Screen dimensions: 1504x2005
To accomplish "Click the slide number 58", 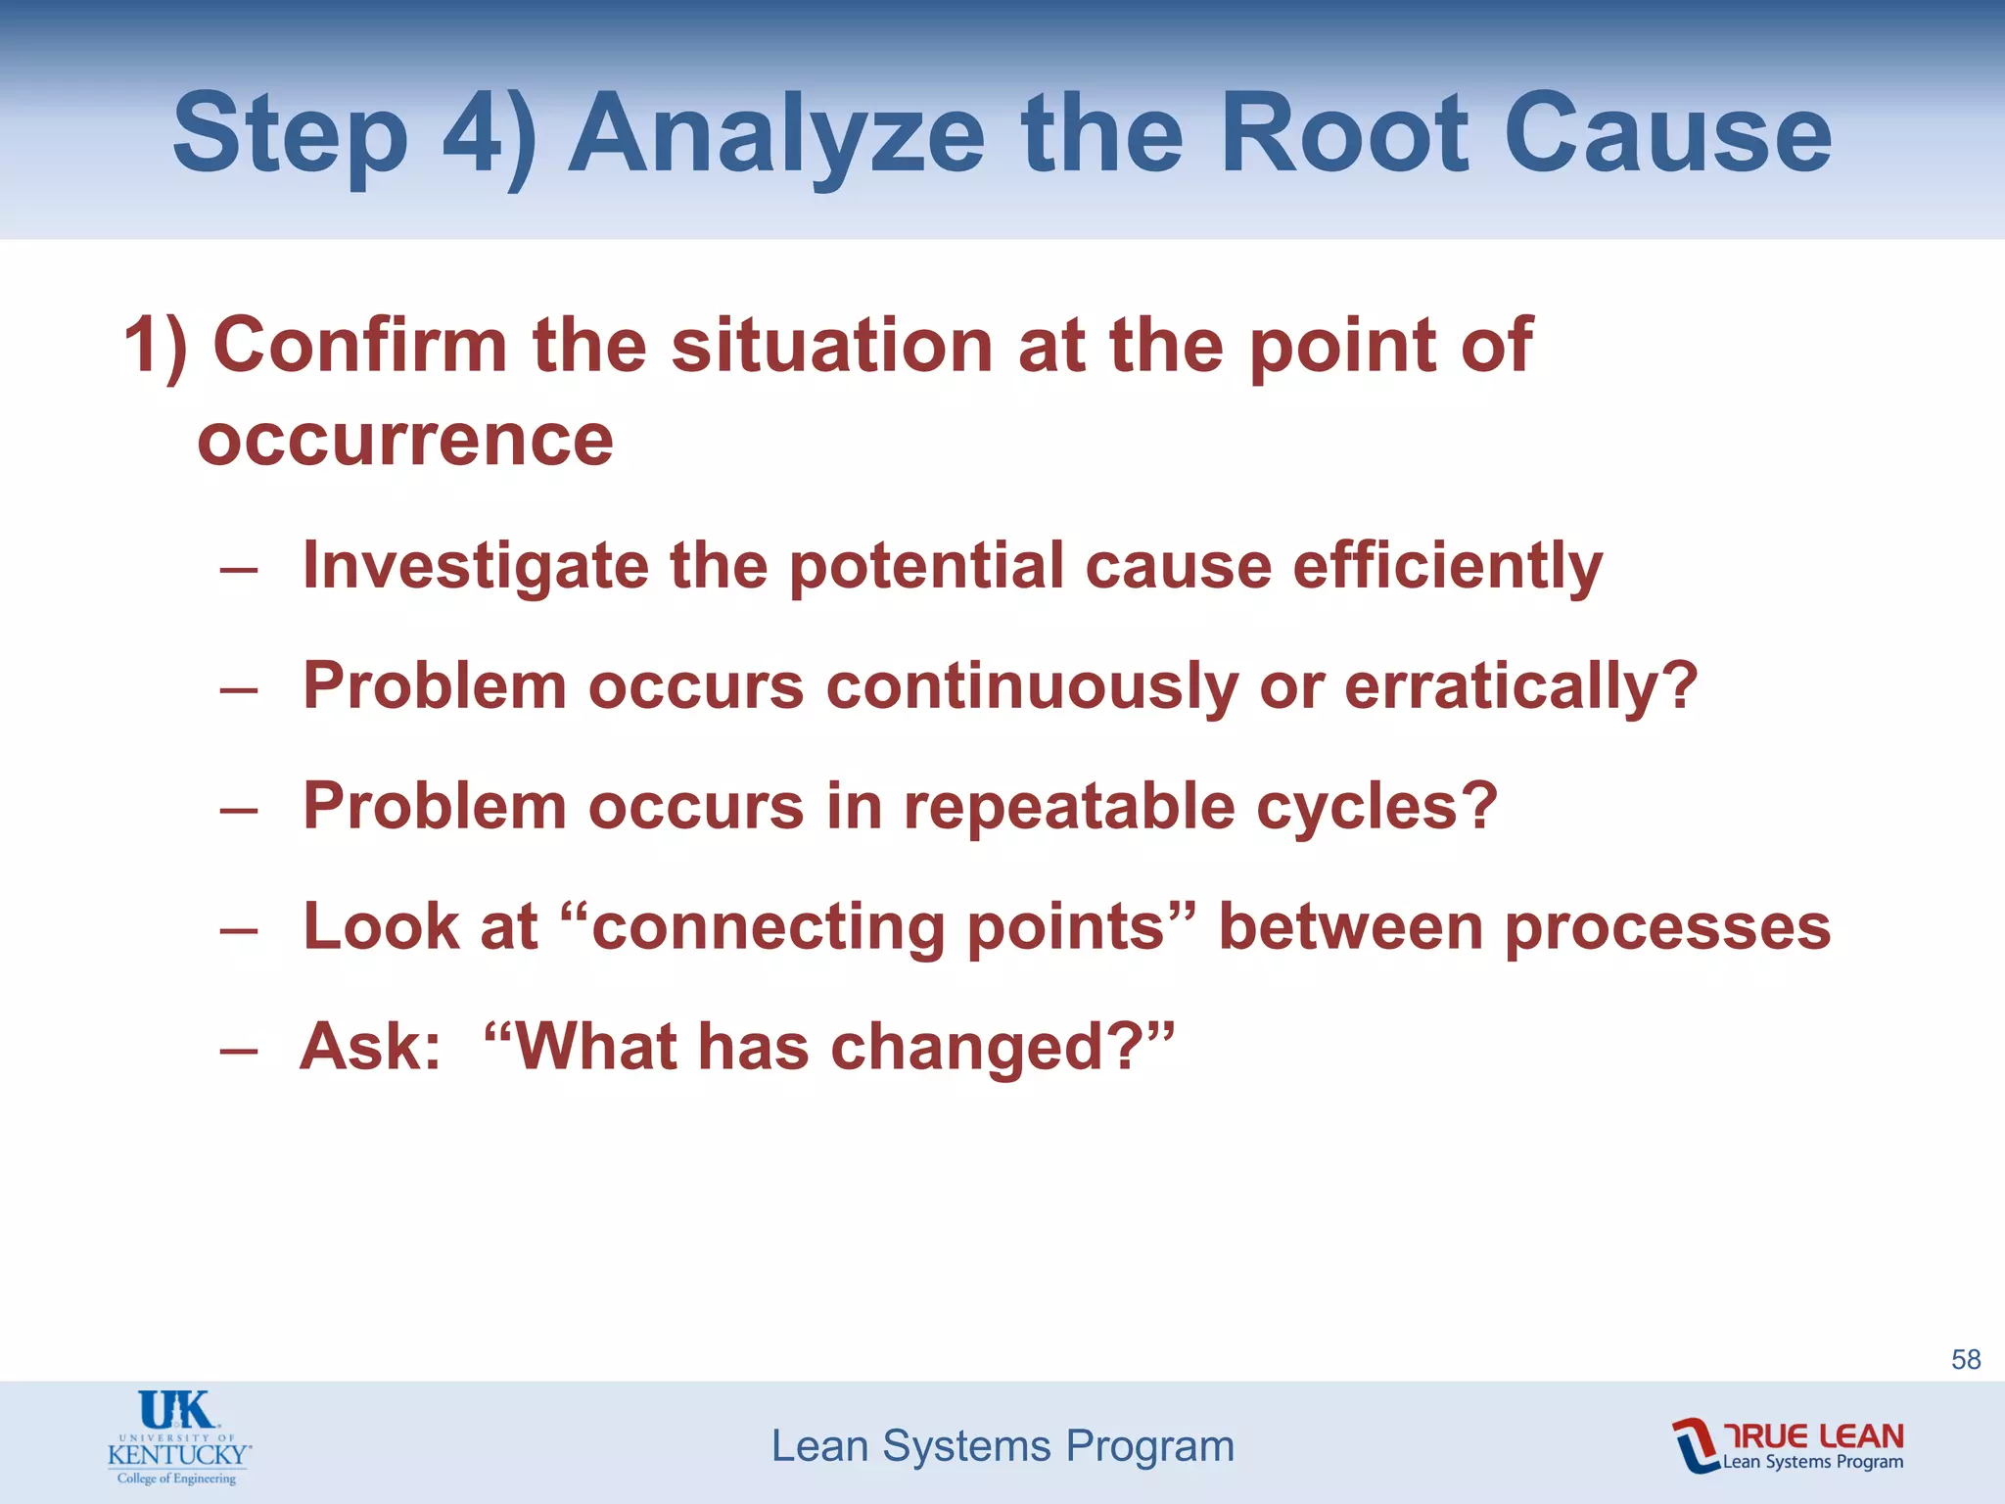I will pos(1966,1359).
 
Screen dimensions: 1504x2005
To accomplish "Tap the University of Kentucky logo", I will pos(178,1437).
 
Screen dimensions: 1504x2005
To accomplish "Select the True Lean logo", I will pos(1788,1445).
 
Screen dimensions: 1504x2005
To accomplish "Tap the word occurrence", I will pos(405,440).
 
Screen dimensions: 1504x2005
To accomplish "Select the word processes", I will pos(1666,926).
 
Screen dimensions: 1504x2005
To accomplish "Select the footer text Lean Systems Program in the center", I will pos(1002,1446).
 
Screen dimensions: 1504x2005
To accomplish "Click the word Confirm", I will pos(360,345).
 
